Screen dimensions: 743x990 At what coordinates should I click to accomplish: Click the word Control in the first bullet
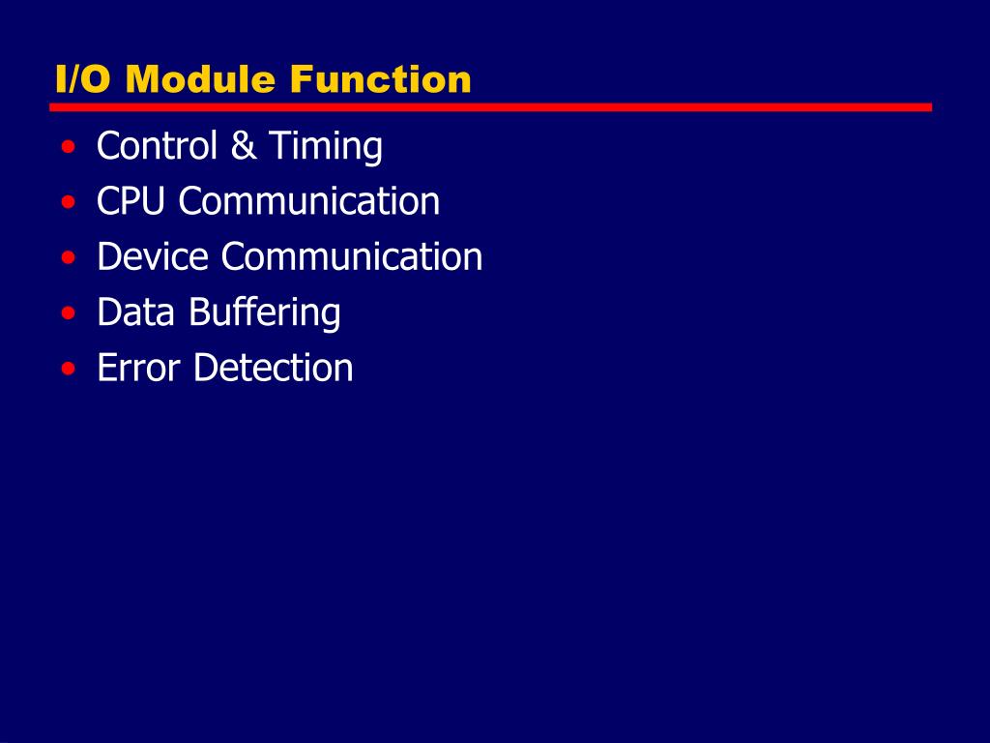point(157,146)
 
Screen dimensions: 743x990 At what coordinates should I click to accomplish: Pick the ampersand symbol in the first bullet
point(244,146)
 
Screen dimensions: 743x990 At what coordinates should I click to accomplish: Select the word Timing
point(326,148)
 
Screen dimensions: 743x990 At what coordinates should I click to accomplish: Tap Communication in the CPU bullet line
point(309,201)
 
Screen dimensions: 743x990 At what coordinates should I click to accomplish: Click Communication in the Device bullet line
point(352,256)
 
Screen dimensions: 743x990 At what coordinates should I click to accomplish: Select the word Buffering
point(265,313)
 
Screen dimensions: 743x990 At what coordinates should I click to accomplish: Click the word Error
point(139,368)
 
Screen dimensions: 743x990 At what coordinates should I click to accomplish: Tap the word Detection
point(274,368)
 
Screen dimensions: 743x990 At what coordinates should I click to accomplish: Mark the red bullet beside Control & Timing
point(68,148)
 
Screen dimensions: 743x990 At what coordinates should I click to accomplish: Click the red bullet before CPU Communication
point(68,203)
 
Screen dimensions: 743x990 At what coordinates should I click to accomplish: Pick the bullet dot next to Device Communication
point(68,258)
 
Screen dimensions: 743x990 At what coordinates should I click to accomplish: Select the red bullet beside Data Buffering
point(68,313)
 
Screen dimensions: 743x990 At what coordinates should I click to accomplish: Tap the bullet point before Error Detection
point(68,370)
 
